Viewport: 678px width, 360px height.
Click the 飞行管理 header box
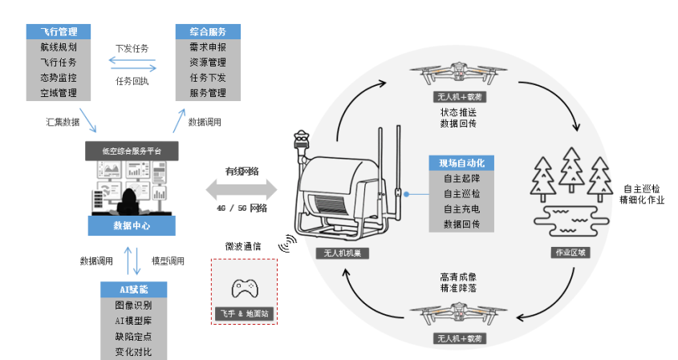(59, 32)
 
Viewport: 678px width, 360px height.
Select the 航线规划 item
(59, 47)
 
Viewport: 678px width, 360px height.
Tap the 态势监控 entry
(59, 78)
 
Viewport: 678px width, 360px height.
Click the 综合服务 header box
(208, 32)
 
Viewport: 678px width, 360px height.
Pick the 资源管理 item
(208, 63)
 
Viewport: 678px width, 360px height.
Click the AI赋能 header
(132, 289)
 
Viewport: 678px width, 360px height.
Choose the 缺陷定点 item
(132, 337)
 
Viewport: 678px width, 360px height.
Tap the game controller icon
(242, 288)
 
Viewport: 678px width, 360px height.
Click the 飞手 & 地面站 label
(242, 313)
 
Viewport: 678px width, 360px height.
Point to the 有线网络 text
(241, 171)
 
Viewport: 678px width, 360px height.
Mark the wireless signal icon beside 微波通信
(286, 243)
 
